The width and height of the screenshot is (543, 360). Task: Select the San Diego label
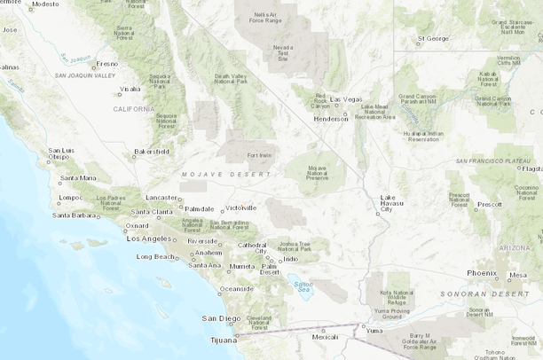(x=221, y=317)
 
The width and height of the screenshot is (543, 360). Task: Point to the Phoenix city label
(x=482, y=273)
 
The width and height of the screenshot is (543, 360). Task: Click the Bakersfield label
(x=152, y=152)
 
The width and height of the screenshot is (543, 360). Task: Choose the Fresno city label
(x=106, y=64)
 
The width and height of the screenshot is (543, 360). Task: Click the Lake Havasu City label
(x=391, y=204)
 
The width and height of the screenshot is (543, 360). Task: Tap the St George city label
(x=433, y=38)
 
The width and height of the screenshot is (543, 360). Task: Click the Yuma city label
(x=374, y=330)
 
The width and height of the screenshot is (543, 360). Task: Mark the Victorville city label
(x=239, y=207)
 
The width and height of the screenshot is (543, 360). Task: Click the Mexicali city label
(x=325, y=337)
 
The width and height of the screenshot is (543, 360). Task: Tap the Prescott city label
(x=489, y=205)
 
